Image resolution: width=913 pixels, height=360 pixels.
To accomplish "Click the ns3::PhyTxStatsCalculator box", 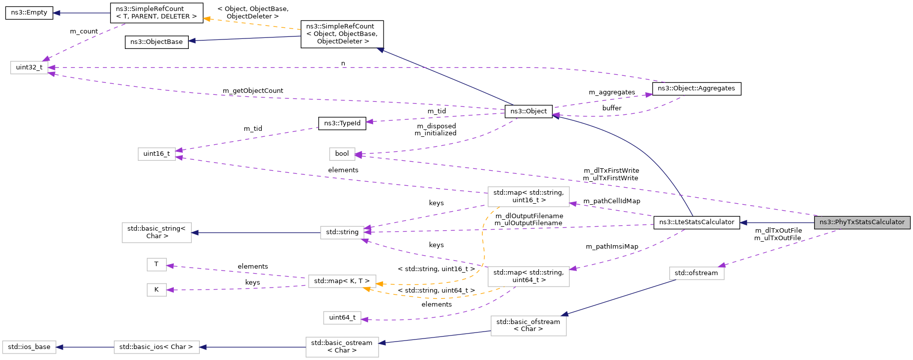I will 862,222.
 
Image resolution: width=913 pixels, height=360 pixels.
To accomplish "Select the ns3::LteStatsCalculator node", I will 696,222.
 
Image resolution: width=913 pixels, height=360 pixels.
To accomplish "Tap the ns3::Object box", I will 528,111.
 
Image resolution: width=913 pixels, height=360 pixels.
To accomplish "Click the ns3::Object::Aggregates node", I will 696,88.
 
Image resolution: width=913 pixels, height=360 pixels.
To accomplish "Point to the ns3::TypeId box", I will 342,123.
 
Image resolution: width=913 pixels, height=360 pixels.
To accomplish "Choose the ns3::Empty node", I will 29,12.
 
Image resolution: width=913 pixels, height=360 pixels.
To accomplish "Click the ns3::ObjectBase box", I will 156,42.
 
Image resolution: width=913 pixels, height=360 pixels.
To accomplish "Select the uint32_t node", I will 29,67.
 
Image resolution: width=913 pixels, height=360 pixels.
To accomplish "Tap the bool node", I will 342,154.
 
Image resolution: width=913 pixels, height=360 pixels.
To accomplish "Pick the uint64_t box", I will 342,318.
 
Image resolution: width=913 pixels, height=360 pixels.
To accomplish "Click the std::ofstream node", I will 696,273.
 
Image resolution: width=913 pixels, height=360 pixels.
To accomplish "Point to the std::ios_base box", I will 29,347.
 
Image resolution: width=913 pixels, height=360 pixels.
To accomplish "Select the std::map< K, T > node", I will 342,281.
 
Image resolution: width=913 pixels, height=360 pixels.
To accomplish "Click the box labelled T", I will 156,264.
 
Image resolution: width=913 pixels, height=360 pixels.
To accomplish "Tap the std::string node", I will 342,232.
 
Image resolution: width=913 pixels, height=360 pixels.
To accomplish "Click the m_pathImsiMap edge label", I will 612,247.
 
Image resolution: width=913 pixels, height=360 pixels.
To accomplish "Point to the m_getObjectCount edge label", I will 253,91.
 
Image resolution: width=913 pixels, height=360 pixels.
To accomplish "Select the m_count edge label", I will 84,31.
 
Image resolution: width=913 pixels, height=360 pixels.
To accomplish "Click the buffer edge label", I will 612,108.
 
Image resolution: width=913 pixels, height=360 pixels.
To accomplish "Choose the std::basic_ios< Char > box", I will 156,347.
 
